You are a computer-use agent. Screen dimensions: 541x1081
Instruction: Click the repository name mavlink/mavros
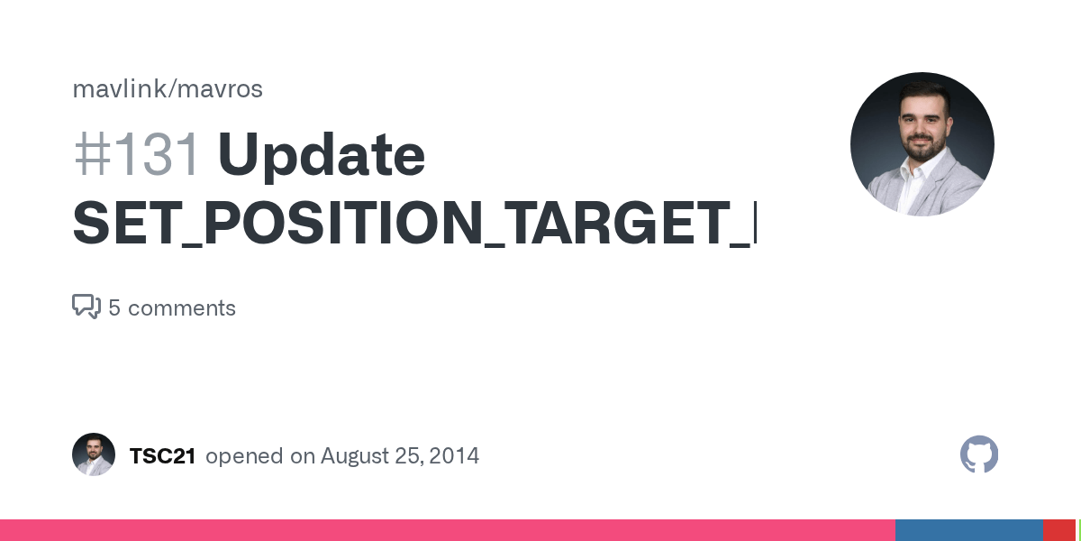pos(167,89)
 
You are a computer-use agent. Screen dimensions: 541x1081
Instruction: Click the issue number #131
pos(137,155)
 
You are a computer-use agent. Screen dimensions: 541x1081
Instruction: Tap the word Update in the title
pos(321,155)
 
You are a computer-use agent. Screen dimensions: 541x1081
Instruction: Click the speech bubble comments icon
pos(86,307)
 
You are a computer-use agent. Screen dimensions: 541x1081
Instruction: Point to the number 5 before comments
pos(114,308)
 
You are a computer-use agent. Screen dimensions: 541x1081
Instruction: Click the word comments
pos(181,308)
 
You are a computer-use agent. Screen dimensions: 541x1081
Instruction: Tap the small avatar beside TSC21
pos(94,454)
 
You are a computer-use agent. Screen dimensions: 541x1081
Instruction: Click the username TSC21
pos(162,456)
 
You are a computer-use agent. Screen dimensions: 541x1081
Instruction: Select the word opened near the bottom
pos(244,456)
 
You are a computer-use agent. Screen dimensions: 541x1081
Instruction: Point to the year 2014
pos(454,456)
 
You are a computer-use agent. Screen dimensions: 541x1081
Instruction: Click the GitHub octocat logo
pos(979,454)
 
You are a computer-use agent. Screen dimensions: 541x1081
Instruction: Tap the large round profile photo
pos(922,144)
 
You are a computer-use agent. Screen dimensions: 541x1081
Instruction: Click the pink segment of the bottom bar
pos(450,530)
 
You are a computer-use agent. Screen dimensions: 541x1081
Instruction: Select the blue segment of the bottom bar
pos(968,530)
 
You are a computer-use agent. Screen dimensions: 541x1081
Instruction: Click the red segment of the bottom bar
pos(1058,530)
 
